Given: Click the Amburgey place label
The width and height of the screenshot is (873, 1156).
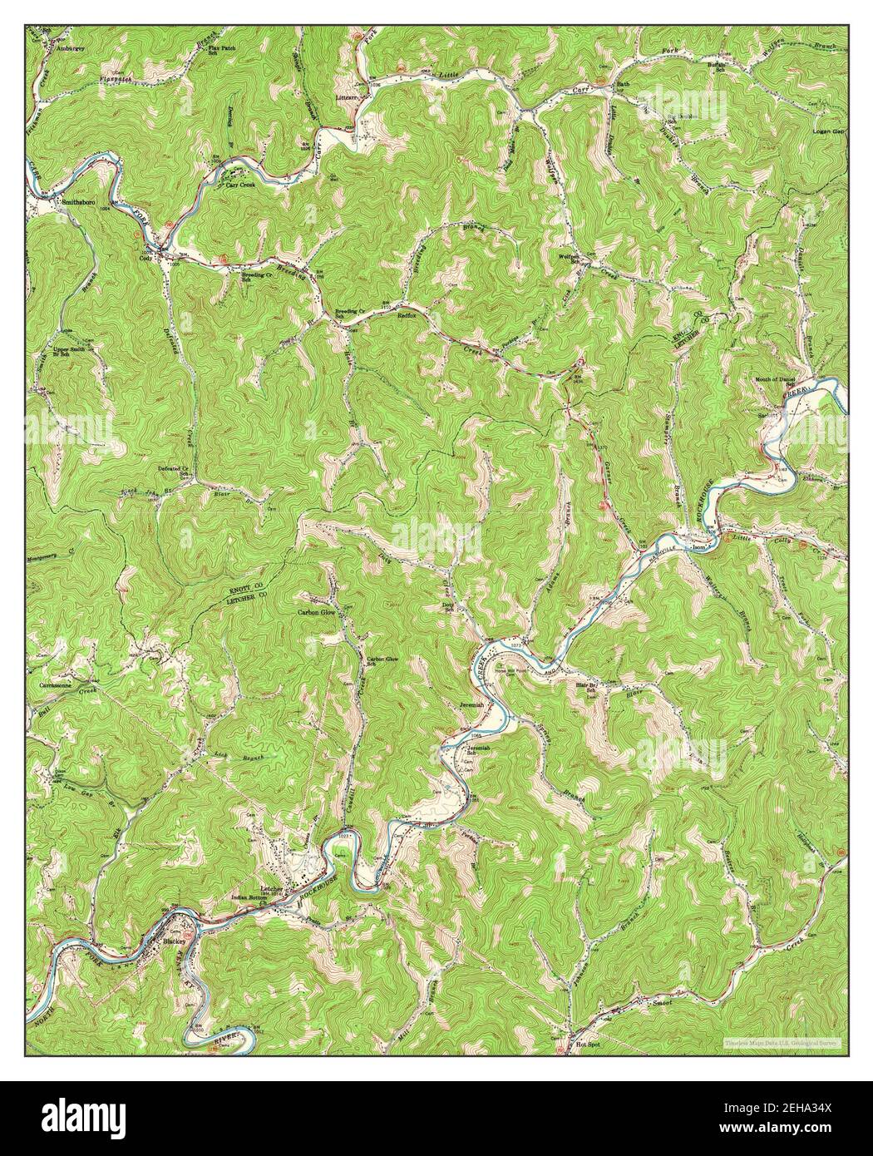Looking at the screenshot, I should tap(70, 48).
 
